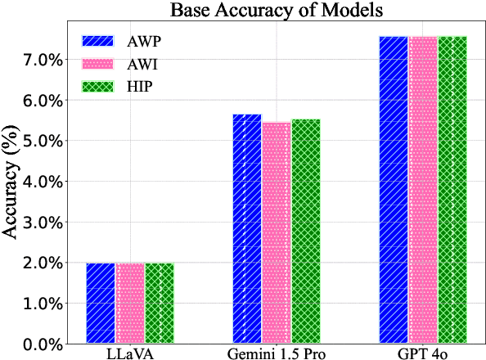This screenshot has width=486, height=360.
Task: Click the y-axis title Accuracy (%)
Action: pyautogui.click(x=12, y=187)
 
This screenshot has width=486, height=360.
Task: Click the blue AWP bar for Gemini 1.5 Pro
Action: pyautogui.click(x=247, y=229)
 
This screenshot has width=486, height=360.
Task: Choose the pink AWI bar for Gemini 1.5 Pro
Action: pyautogui.click(x=277, y=233)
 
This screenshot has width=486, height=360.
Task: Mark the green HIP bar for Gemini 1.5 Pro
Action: pyautogui.click(x=306, y=232)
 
